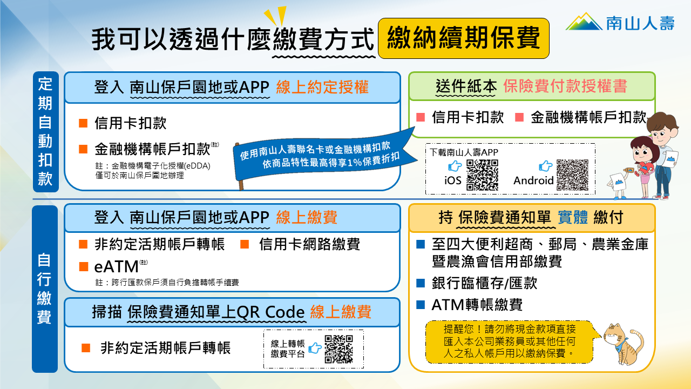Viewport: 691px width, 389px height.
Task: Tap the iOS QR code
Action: point(482,175)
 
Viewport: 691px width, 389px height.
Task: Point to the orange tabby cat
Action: point(624,344)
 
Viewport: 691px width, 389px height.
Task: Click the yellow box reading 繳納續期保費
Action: point(464,38)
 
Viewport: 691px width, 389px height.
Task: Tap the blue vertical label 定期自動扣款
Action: point(45,132)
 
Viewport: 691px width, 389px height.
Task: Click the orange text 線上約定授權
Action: point(322,88)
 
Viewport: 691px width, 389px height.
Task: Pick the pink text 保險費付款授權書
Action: point(565,86)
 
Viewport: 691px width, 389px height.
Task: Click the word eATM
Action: point(116,267)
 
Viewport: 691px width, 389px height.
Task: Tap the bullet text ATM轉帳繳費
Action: point(477,305)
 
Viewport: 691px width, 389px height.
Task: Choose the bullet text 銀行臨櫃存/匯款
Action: point(484,283)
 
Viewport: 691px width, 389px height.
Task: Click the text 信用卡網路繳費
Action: point(309,245)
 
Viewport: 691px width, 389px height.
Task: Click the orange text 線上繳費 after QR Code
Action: point(341,312)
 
